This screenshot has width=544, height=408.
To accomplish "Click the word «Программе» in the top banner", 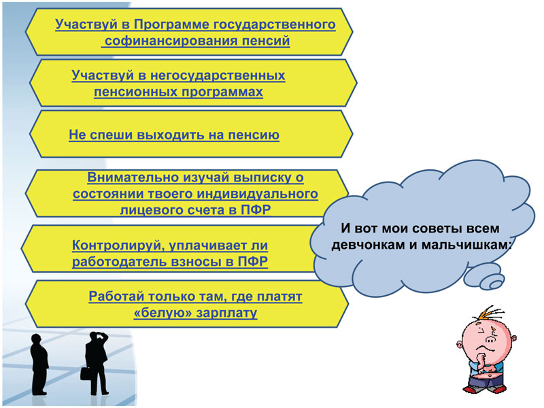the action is click(171, 25).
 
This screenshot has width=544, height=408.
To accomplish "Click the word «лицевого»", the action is click(152, 210).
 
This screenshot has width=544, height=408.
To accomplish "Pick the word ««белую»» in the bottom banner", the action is click(163, 313).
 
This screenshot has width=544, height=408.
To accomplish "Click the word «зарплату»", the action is click(226, 313).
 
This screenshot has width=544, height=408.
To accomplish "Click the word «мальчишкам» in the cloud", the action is click(466, 245).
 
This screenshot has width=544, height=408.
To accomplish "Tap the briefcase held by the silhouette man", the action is click(86, 373).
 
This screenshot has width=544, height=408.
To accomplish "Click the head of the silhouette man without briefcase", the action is click(36, 339).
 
